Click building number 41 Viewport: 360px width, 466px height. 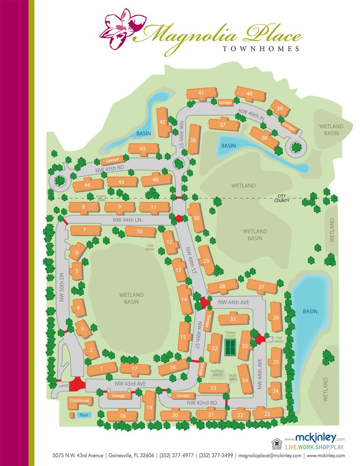tap(201, 93)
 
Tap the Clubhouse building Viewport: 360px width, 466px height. tap(79, 400)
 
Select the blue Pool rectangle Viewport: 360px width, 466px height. tap(84, 415)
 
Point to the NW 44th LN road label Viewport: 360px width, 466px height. tap(127, 220)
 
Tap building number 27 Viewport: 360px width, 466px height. tap(262, 287)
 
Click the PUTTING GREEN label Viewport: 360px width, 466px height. tap(218, 373)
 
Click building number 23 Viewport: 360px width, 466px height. tap(267, 414)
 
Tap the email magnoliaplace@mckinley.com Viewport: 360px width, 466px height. tap(270, 455)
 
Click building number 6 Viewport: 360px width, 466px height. tap(77, 253)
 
